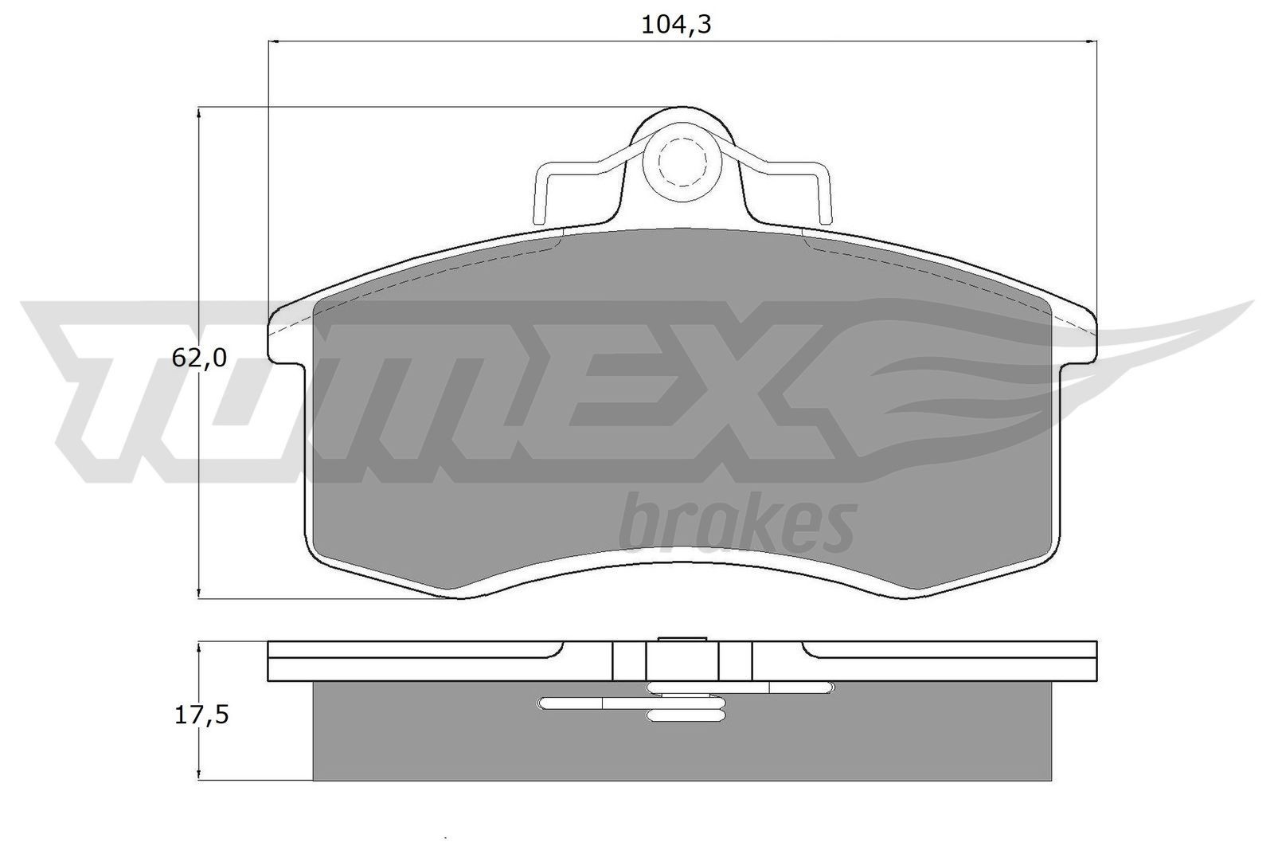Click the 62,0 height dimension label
[199, 358]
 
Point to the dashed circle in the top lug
[682, 162]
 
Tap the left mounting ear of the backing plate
[287, 335]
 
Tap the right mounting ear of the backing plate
[1080, 335]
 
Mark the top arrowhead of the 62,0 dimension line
[197, 112]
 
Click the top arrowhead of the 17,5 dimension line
[197, 648]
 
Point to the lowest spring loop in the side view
[686, 716]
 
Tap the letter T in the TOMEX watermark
[104, 382]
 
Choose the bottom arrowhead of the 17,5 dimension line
[197, 774]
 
